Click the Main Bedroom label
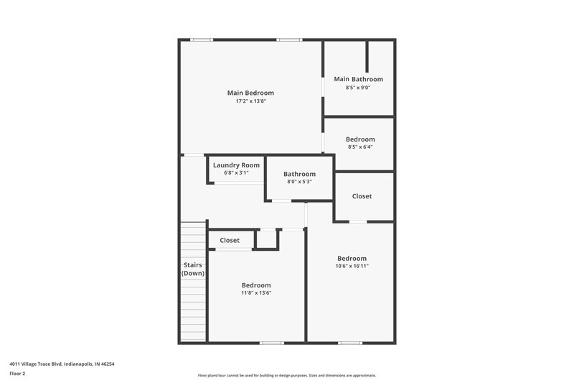coord(250,93)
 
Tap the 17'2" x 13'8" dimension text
coord(250,101)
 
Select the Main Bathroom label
coord(358,79)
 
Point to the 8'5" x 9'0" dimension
coord(358,88)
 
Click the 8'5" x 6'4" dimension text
coord(360,147)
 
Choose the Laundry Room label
coord(236,165)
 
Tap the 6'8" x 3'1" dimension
coord(236,173)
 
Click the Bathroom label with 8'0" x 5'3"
coord(299,174)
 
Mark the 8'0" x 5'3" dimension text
coord(299,183)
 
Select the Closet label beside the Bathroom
coord(362,196)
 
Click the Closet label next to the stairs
coord(230,240)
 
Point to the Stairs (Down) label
coord(192,269)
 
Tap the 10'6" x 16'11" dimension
coord(352,267)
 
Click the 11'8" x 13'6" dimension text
coord(256,293)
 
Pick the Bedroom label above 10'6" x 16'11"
coord(352,259)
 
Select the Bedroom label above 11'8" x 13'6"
coord(256,285)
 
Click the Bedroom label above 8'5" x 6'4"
coord(360,139)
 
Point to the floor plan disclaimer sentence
coord(286,375)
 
